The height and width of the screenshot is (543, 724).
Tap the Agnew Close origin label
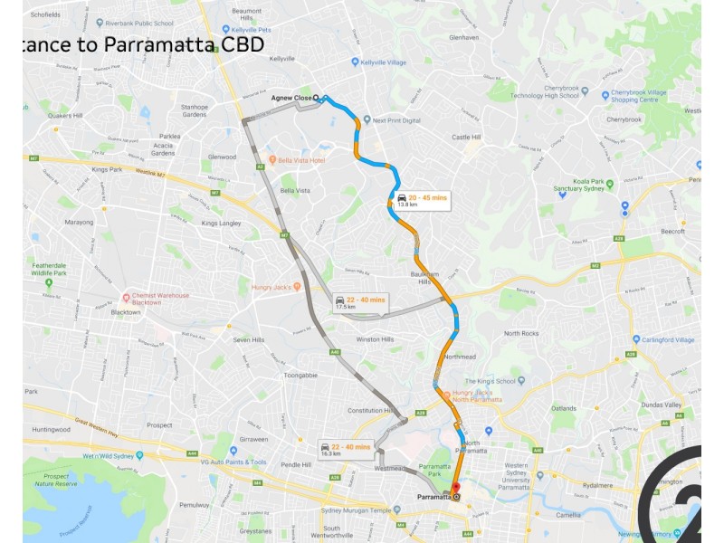[x=291, y=98]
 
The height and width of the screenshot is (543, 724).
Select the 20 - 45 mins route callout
[x=422, y=200]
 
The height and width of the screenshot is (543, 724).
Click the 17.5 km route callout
[x=359, y=303]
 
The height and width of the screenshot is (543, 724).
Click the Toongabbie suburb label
[x=300, y=374]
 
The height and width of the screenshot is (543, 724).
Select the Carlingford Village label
[x=665, y=340]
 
